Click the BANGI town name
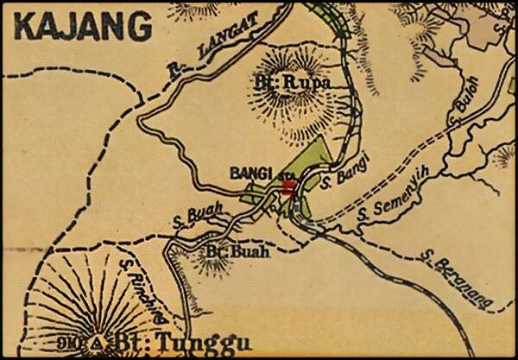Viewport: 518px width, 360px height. (x=246, y=173)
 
